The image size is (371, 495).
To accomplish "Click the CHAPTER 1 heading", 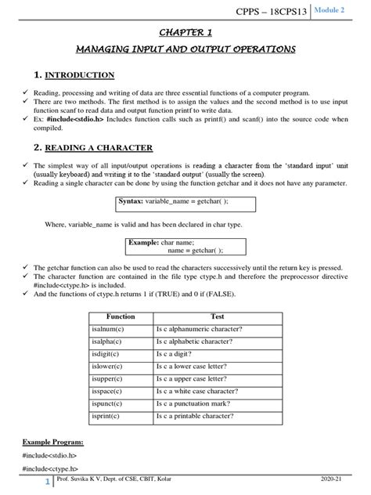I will tap(185, 32).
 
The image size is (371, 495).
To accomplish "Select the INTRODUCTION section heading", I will tap(78, 75).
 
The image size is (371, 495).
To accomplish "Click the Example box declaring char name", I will tap(185, 247).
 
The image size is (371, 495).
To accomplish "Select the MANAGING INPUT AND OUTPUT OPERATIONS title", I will tap(185, 50).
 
